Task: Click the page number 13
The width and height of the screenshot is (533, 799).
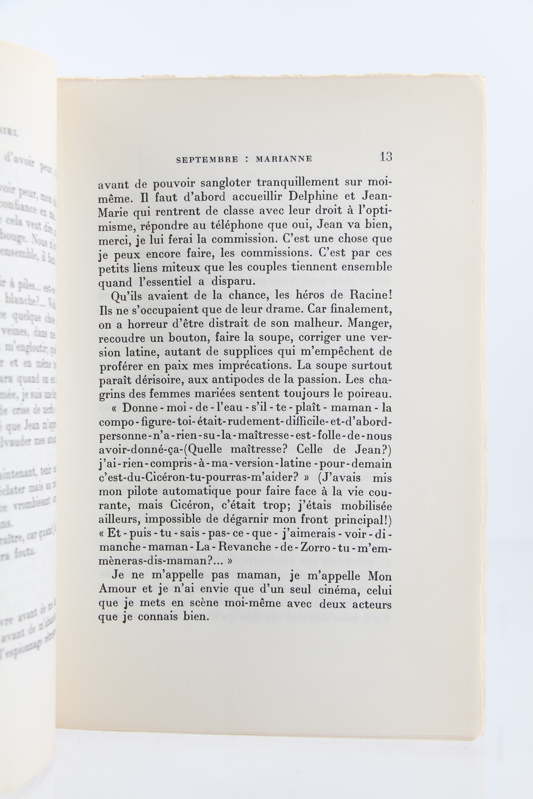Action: pos(386,157)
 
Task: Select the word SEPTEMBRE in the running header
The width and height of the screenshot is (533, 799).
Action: pos(207,160)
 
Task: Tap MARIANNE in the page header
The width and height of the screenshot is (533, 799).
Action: pos(284,159)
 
